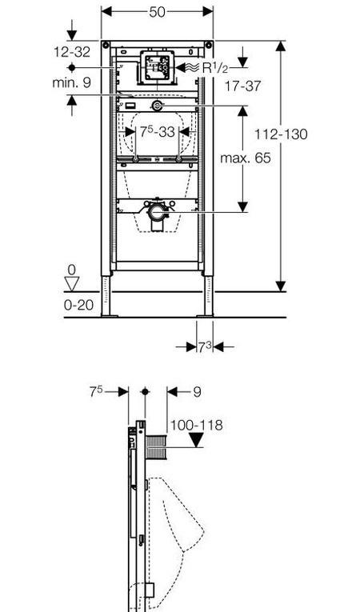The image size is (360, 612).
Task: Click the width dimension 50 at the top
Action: [157, 12]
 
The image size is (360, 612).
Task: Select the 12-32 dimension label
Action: [72, 52]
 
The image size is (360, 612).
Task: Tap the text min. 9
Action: [71, 82]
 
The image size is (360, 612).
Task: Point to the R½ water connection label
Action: [214, 68]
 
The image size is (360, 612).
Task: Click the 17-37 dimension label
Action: [242, 86]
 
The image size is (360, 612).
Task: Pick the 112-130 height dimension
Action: [281, 134]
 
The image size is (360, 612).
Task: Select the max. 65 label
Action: [246, 158]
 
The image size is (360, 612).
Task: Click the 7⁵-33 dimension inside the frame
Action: [158, 132]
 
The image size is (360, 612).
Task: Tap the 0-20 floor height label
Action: [79, 305]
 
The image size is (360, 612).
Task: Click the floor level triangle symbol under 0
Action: [72, 283]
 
